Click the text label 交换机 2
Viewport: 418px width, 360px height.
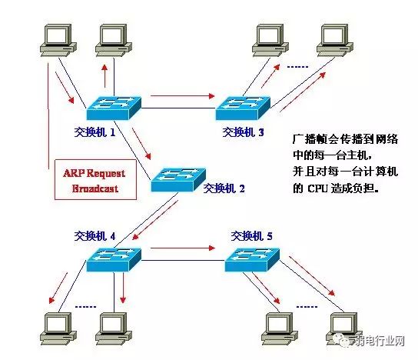click(x=224, y=187)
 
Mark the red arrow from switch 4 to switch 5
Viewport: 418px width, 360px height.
click(x=181, y=248)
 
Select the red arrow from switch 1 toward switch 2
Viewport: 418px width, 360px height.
click(x=142, y=142)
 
